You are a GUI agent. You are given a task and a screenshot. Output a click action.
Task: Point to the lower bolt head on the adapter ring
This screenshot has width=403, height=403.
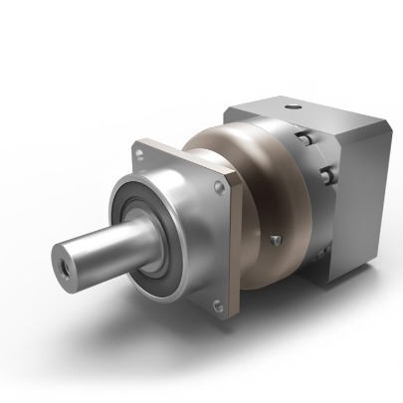[x=326, y=178]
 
